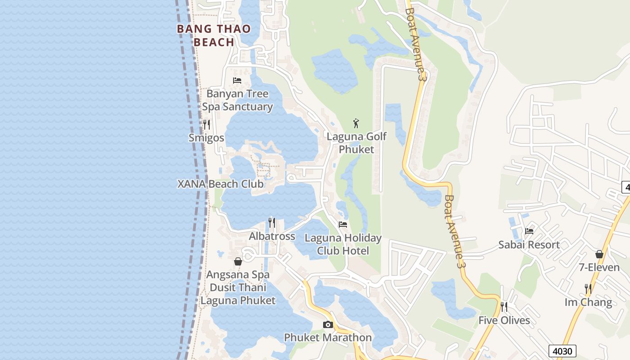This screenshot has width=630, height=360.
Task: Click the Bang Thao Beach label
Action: click(214, 36)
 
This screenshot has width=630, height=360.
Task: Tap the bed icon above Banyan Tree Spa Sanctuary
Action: click(237, 81)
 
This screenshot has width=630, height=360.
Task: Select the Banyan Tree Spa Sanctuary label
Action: click(237, 100)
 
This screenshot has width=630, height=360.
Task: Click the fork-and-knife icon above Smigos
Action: click(207, 124)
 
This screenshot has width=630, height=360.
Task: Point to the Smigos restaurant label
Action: click(206, 138)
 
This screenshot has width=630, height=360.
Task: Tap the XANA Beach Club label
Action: click(220, 184)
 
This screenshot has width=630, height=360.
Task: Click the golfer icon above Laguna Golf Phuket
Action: click(356, 123)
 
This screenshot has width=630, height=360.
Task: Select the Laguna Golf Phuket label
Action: click(356, 143)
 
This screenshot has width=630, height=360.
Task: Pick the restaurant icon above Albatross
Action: click(272, 222)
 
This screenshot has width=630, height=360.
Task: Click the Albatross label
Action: click(272, 236)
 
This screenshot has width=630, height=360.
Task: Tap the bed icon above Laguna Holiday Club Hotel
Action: click(343, 224)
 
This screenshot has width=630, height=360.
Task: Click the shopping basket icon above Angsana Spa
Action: click(238, 261)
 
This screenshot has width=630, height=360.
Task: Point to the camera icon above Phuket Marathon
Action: click(328, 324)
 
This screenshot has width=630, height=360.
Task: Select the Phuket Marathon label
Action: click(328, 337)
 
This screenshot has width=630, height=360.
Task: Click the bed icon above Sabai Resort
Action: click(529, 231)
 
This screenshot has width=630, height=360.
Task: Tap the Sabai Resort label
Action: click(529, 245)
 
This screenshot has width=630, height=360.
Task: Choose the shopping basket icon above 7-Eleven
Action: click(599, 254)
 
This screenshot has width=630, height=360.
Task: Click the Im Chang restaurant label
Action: click(588, 302)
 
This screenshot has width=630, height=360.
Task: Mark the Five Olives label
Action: click(504, 320)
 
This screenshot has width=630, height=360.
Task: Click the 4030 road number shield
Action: click(562, 351)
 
